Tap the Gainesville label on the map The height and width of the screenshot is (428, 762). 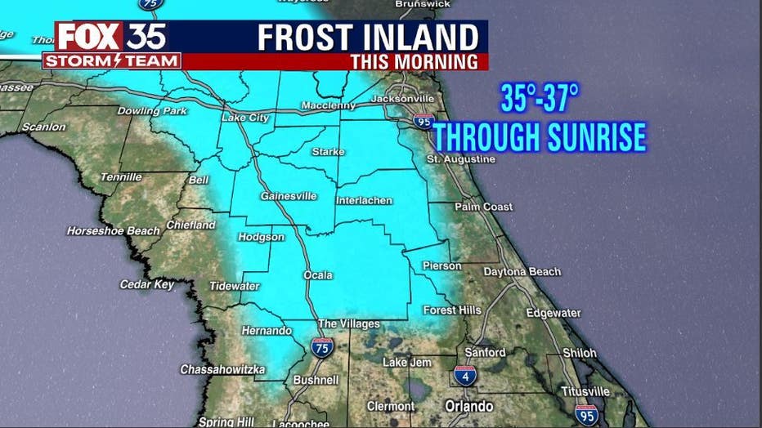coord(283,196)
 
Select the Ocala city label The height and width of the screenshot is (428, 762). coord(318,275)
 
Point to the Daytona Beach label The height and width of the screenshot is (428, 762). coord(522,271)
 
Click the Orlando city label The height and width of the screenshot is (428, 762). coord(468,406)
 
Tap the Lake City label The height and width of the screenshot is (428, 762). coord(245,118)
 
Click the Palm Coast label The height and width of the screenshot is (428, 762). coord(483,207)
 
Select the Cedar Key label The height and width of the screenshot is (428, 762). coord(147,284)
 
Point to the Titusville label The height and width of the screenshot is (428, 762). coord(585,391)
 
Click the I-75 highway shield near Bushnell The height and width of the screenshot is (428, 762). coord(322,347)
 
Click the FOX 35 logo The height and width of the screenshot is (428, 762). coord(111,37)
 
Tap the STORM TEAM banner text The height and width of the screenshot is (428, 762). coord(111,61)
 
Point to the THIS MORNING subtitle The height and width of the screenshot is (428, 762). coord(414,62)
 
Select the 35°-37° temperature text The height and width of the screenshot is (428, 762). coord(540,101)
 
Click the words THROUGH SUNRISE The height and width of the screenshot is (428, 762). coord(540,136)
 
